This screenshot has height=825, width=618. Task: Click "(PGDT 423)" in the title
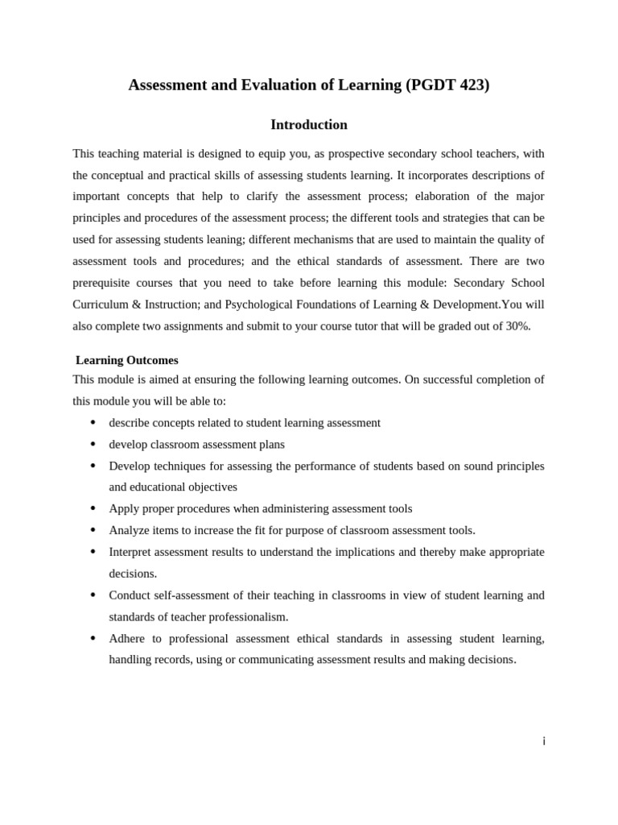pyautogui.click(x=447, y=85)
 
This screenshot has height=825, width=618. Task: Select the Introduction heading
pyautogui.click(x=309, y=125)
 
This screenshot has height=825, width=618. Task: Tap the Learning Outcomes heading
pyautogui.click(x=127, y=360)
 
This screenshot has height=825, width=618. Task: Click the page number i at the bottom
pyautogui.click(x=544, y=741)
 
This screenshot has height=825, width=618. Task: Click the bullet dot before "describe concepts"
pyautogui.click(x=93, y=422)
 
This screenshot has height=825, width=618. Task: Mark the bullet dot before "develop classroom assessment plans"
pyautogui.click(x=93, y=444)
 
